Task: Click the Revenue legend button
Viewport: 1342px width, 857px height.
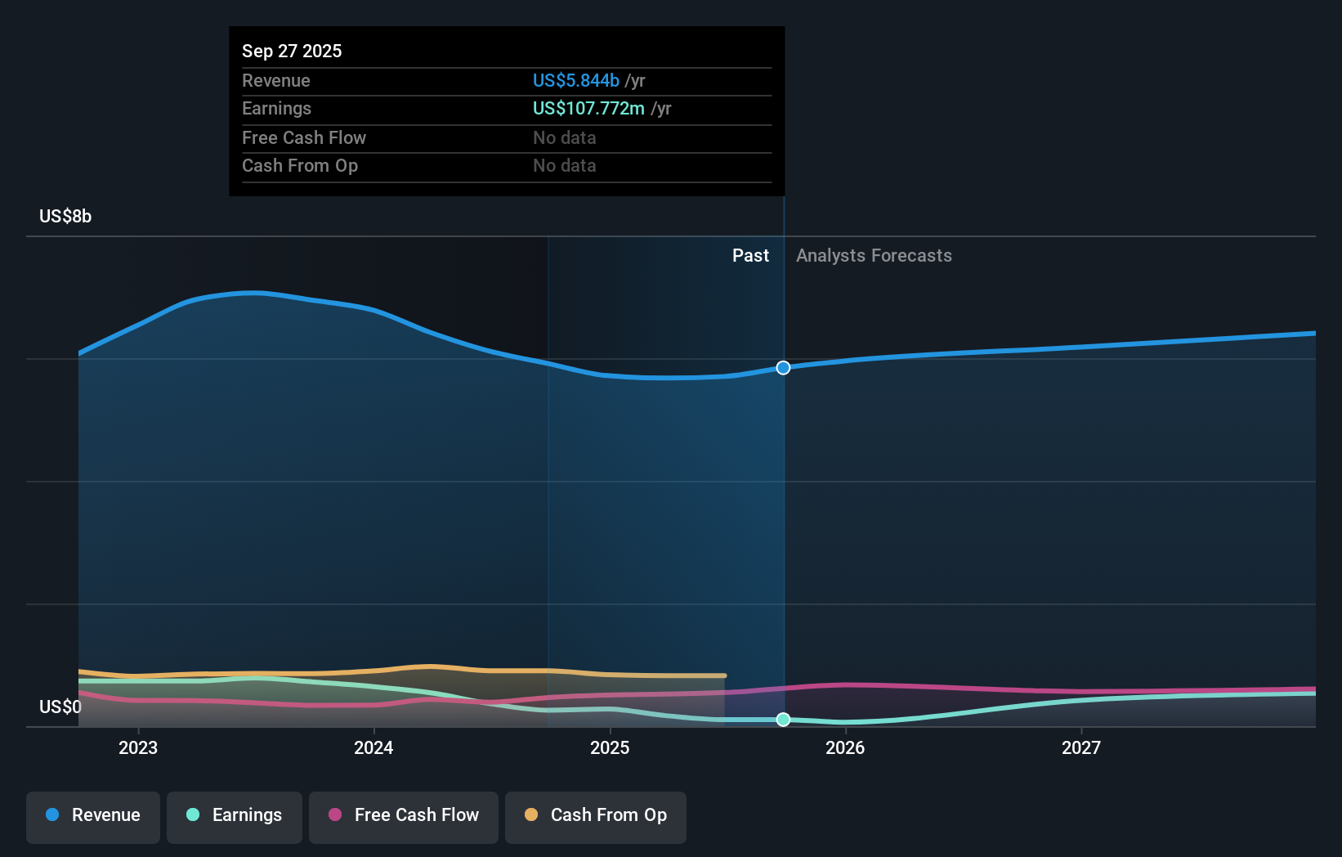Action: point(93,816)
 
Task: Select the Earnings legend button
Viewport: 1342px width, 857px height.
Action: point(235,816)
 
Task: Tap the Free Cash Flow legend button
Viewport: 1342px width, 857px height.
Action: point(404,816)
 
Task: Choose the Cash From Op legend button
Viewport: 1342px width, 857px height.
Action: point(596,816)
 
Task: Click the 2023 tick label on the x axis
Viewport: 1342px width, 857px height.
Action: point(138,747)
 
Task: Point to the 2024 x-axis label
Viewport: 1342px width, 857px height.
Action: point(374,747)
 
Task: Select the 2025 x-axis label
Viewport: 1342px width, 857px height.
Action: point(610,747)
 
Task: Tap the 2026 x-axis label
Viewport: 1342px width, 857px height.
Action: point(845,747)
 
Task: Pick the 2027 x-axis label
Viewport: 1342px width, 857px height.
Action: point(1080,747)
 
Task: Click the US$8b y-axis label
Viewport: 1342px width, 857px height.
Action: point(65,217)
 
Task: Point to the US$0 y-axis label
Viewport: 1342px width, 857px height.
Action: point(60,707)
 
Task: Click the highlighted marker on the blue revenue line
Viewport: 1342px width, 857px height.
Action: point(783,368)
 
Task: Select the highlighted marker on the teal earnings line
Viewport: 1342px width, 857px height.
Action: point(783,720)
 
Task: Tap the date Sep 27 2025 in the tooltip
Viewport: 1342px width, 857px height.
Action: point(292,51)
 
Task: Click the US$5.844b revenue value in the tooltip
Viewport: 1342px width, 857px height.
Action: point(576,80)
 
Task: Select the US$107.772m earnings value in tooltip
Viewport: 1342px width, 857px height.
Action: point(588,109)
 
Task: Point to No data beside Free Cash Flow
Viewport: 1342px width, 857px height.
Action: point(565,137)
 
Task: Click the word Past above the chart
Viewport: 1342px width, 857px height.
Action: point(750,256)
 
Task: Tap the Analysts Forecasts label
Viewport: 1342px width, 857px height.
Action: point(874,256)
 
